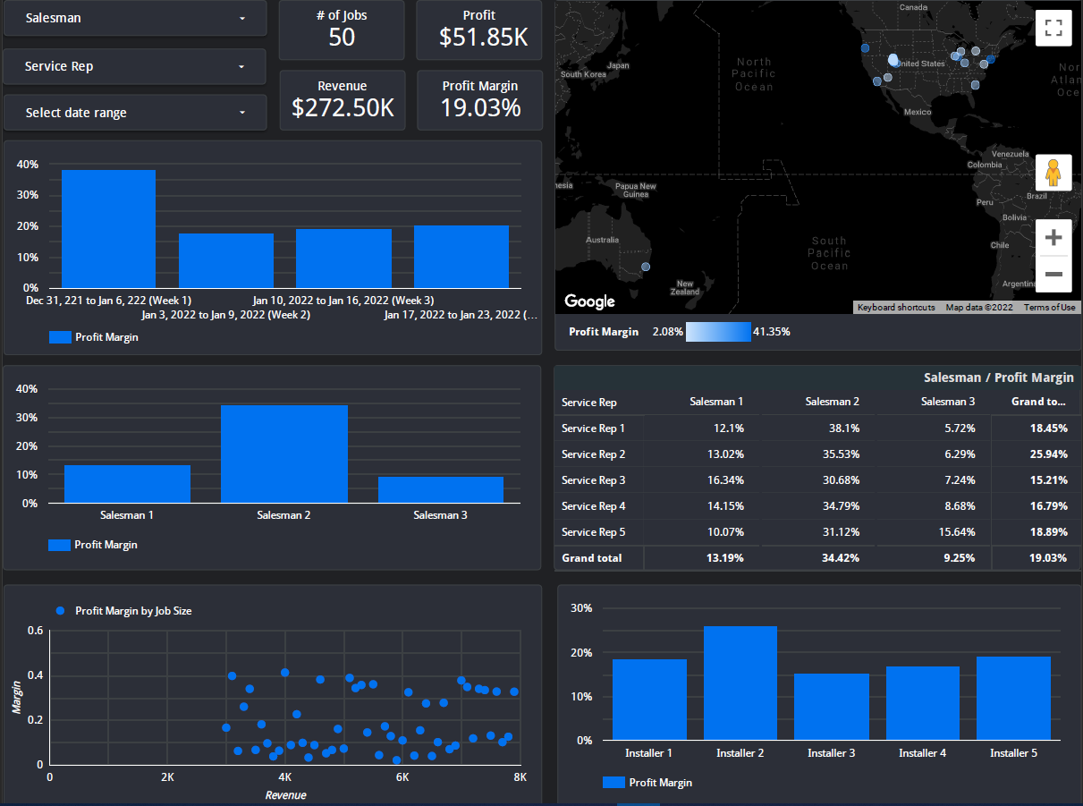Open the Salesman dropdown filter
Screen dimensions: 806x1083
[134, 18]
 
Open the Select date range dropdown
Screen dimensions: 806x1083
[134, 113]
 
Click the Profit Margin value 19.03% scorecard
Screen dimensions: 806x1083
[480, 108]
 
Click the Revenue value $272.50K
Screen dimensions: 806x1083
[343, 108]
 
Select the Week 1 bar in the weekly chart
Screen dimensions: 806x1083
[108, 228]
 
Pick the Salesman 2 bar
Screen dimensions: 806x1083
[283, 454]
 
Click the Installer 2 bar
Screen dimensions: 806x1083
[740, 683]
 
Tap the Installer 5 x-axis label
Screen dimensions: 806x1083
[1013, 753]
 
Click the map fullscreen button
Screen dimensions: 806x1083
[1053, 28]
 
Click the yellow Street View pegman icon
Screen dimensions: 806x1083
[1053, 172]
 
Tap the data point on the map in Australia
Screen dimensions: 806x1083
[646, 267]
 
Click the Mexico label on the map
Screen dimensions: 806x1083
[917, 112]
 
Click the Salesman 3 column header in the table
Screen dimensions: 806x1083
[948, 403]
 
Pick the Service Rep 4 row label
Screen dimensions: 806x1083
[593, 506]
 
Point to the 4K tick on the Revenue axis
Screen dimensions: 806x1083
[284, 777]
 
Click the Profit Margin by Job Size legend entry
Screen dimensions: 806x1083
[133, 611]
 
